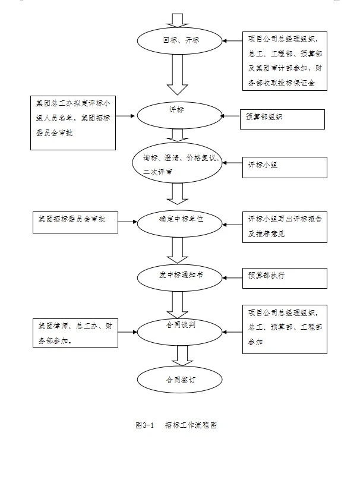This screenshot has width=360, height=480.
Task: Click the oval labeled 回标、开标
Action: click(x=179, y=41)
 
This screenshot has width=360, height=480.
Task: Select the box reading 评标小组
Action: click(x=285, y=167)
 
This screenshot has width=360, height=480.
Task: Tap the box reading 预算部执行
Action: click(x=285, y=278)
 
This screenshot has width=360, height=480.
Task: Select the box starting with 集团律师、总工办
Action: click(x=75, y=333)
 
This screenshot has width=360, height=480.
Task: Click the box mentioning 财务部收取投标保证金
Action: click(x=285, y=61)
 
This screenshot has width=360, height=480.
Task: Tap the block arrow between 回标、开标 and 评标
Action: click(x=177, y=76)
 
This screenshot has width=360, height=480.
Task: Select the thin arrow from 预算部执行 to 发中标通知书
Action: click(x=232, y=276)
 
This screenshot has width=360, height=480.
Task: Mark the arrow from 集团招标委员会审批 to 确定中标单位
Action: click(x=128, y=222)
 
